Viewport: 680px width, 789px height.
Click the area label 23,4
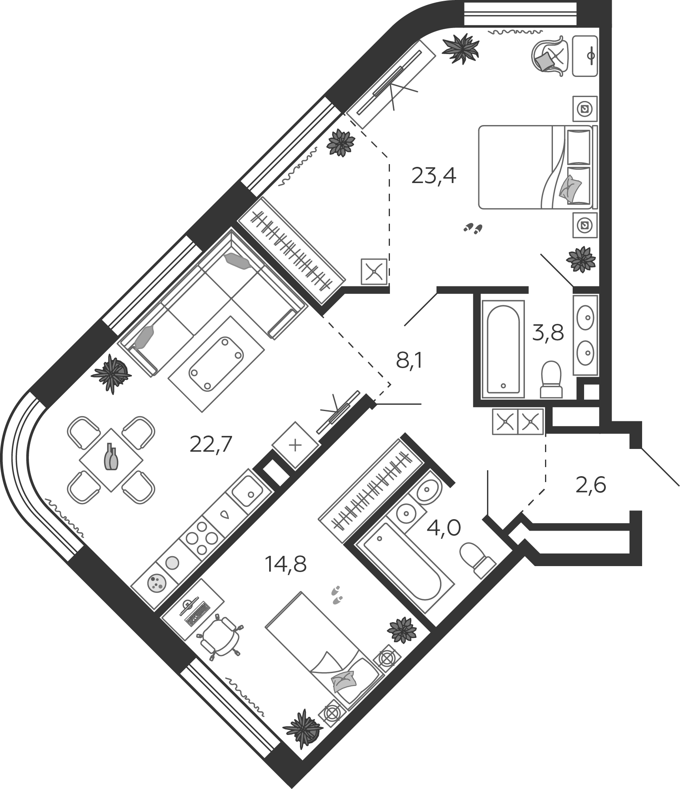433,176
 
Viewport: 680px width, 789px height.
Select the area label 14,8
285,564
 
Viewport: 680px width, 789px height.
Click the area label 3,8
548,333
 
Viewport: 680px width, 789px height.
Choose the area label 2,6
590,486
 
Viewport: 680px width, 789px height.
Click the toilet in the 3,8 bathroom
551,379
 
